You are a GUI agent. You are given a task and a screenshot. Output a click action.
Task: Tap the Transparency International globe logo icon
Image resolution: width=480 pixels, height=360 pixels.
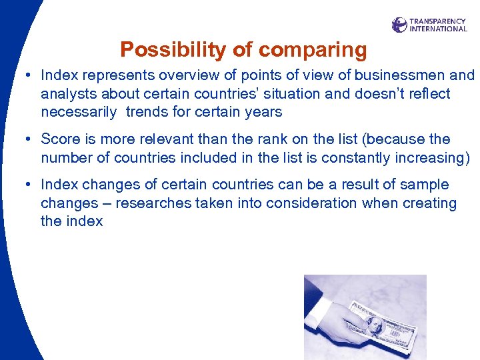click(x=399, y=25)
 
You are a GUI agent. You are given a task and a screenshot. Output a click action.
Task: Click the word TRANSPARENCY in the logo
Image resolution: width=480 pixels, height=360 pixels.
click(x=438, y=21)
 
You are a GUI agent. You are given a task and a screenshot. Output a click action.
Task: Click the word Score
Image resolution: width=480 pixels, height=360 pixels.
click(x=60, y=139)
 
